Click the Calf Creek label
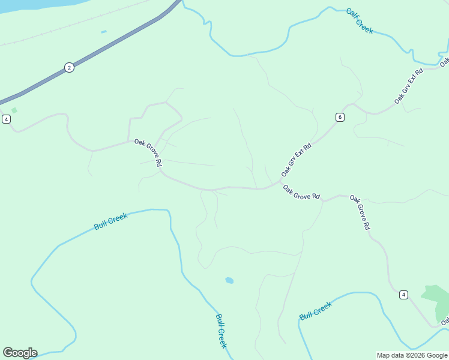[x=360, y=20]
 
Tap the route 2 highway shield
[x=69, y=67]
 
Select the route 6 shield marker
[x=340, y=117]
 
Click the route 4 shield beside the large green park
[x=403, y=295]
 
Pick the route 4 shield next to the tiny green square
[x=6, y=119]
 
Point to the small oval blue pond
[x=229, y=280]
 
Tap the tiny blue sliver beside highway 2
[x=104, y=32]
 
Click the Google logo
[x=20, y=353]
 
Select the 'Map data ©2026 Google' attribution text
[x=412, y=355]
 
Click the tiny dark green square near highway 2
[x=14, y=110]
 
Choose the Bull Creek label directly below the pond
[x=221, y=331]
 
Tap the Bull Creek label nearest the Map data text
[x=315, y=311]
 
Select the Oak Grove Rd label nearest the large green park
[x=360, y=212]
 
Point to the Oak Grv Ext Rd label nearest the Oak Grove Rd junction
[x=297, y=160]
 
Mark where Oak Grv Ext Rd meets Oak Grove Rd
[x=280, y=182]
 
